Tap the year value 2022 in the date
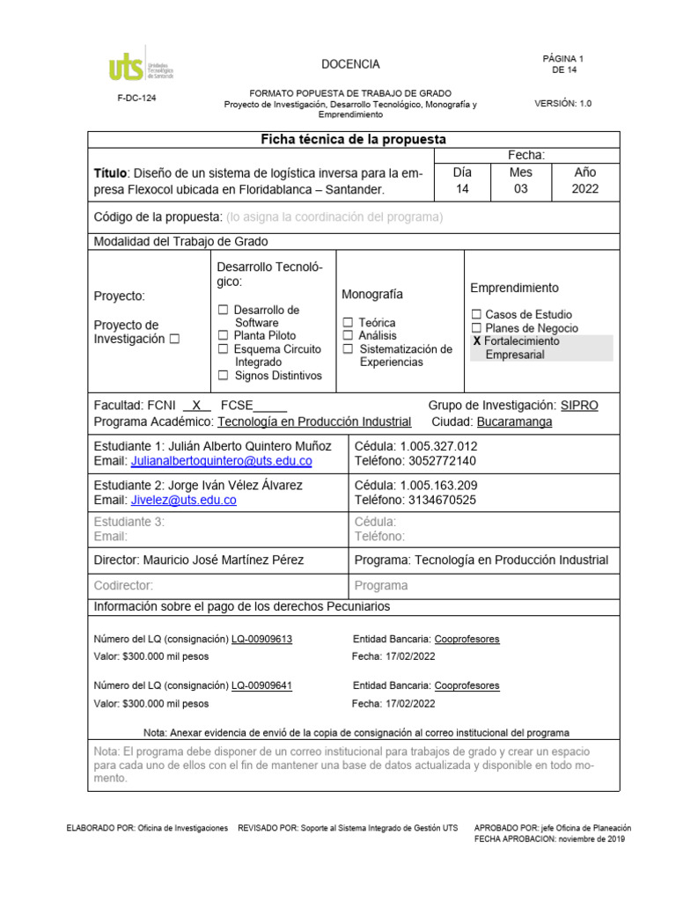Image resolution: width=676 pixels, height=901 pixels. [584, 189]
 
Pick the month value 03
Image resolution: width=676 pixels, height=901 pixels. [520, 189]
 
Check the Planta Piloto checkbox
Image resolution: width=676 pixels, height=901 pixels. [224, 335]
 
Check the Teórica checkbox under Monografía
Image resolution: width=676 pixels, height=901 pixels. [349, 323]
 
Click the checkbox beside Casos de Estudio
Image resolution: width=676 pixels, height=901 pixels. [476, 314]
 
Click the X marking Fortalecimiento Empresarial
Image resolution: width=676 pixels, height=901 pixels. [477, 341]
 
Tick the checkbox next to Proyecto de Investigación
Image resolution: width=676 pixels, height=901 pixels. [174, 339]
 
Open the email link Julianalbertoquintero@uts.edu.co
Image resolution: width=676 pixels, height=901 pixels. [221, 460]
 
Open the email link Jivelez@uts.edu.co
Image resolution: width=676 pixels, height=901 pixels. [183, 500]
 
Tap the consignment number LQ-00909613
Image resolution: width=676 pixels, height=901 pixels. [261, 640]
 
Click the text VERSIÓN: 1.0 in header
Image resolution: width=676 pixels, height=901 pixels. [563, 103]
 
